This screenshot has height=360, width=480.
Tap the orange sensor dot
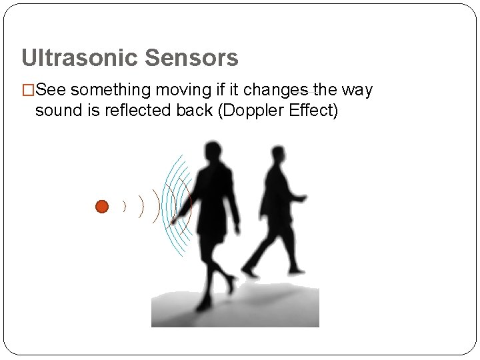tap(101, 207)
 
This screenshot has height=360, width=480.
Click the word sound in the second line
tap(54, 110)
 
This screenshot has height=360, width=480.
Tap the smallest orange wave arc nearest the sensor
tap(124, 207)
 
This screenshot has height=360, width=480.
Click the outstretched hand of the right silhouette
tap(304, 198)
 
